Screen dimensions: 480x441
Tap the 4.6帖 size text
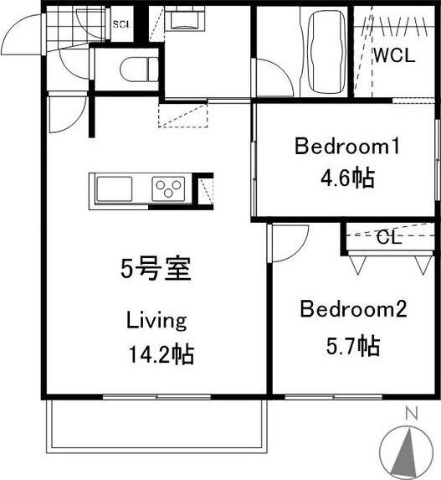[346, 178]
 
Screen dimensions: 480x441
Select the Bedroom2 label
[353, 311]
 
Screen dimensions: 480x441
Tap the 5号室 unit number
[156, 270]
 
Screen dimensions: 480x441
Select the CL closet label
[387, 237]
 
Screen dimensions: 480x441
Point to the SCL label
[121, 23]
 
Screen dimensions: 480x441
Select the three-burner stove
[170, 189]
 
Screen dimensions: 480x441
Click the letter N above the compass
[410, 412]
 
